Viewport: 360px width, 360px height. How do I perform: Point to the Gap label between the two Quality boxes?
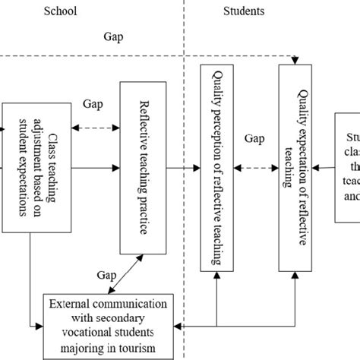coord(254,140)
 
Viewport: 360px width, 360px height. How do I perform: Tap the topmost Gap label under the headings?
coord(114,36)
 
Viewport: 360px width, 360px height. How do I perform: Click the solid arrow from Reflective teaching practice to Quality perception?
coord(183,166)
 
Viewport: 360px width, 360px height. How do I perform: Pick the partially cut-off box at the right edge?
coord(347,166)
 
